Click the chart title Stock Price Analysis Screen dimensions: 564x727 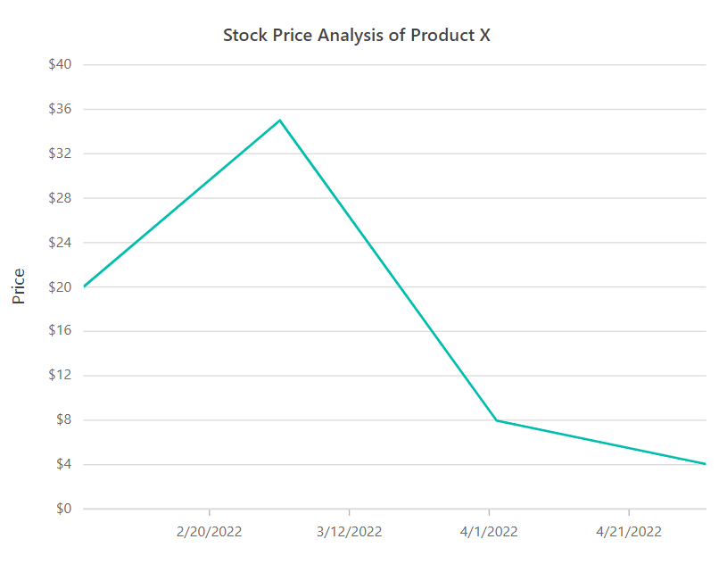pyautogui.click(x=356, y=36)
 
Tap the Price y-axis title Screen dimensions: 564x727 pyautogui.click(x=20, y=286)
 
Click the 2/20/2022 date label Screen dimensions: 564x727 pyautogui.click(x=210, y=532)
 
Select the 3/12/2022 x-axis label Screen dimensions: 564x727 pyautogui.click(x=350, y=532)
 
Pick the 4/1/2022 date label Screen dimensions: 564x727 pyautogui.click(x=489, y=532)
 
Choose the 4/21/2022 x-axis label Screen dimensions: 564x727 pyautogui.click(x=629, y=532)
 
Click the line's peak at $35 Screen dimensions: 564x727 pyautogui.click(x=280, y=120)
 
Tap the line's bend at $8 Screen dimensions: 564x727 pyautogui.click(x=496, y=420)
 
